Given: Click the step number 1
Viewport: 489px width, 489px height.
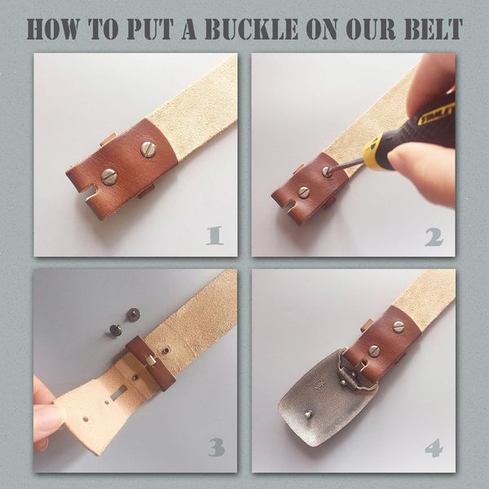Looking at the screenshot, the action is click(214, 236).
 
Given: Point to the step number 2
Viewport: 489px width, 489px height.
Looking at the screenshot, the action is click(434, 237).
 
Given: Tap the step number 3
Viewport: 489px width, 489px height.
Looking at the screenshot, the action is click(217, 447).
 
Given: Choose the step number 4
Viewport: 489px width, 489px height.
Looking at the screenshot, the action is click(434, 448).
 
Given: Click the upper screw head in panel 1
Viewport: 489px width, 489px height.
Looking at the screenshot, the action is click(148, 149).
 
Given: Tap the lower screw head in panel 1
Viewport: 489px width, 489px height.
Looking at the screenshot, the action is click(109, 177).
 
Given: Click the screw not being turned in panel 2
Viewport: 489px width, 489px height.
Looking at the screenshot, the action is click(304, 192).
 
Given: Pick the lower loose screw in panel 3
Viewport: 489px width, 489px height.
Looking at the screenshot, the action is click(116, 330).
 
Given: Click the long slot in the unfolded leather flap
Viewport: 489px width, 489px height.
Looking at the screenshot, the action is click(118, 393).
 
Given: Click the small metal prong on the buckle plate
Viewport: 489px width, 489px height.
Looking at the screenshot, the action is click(308, 414).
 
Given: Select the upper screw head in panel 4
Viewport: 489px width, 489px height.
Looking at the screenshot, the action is click(399, 327).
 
